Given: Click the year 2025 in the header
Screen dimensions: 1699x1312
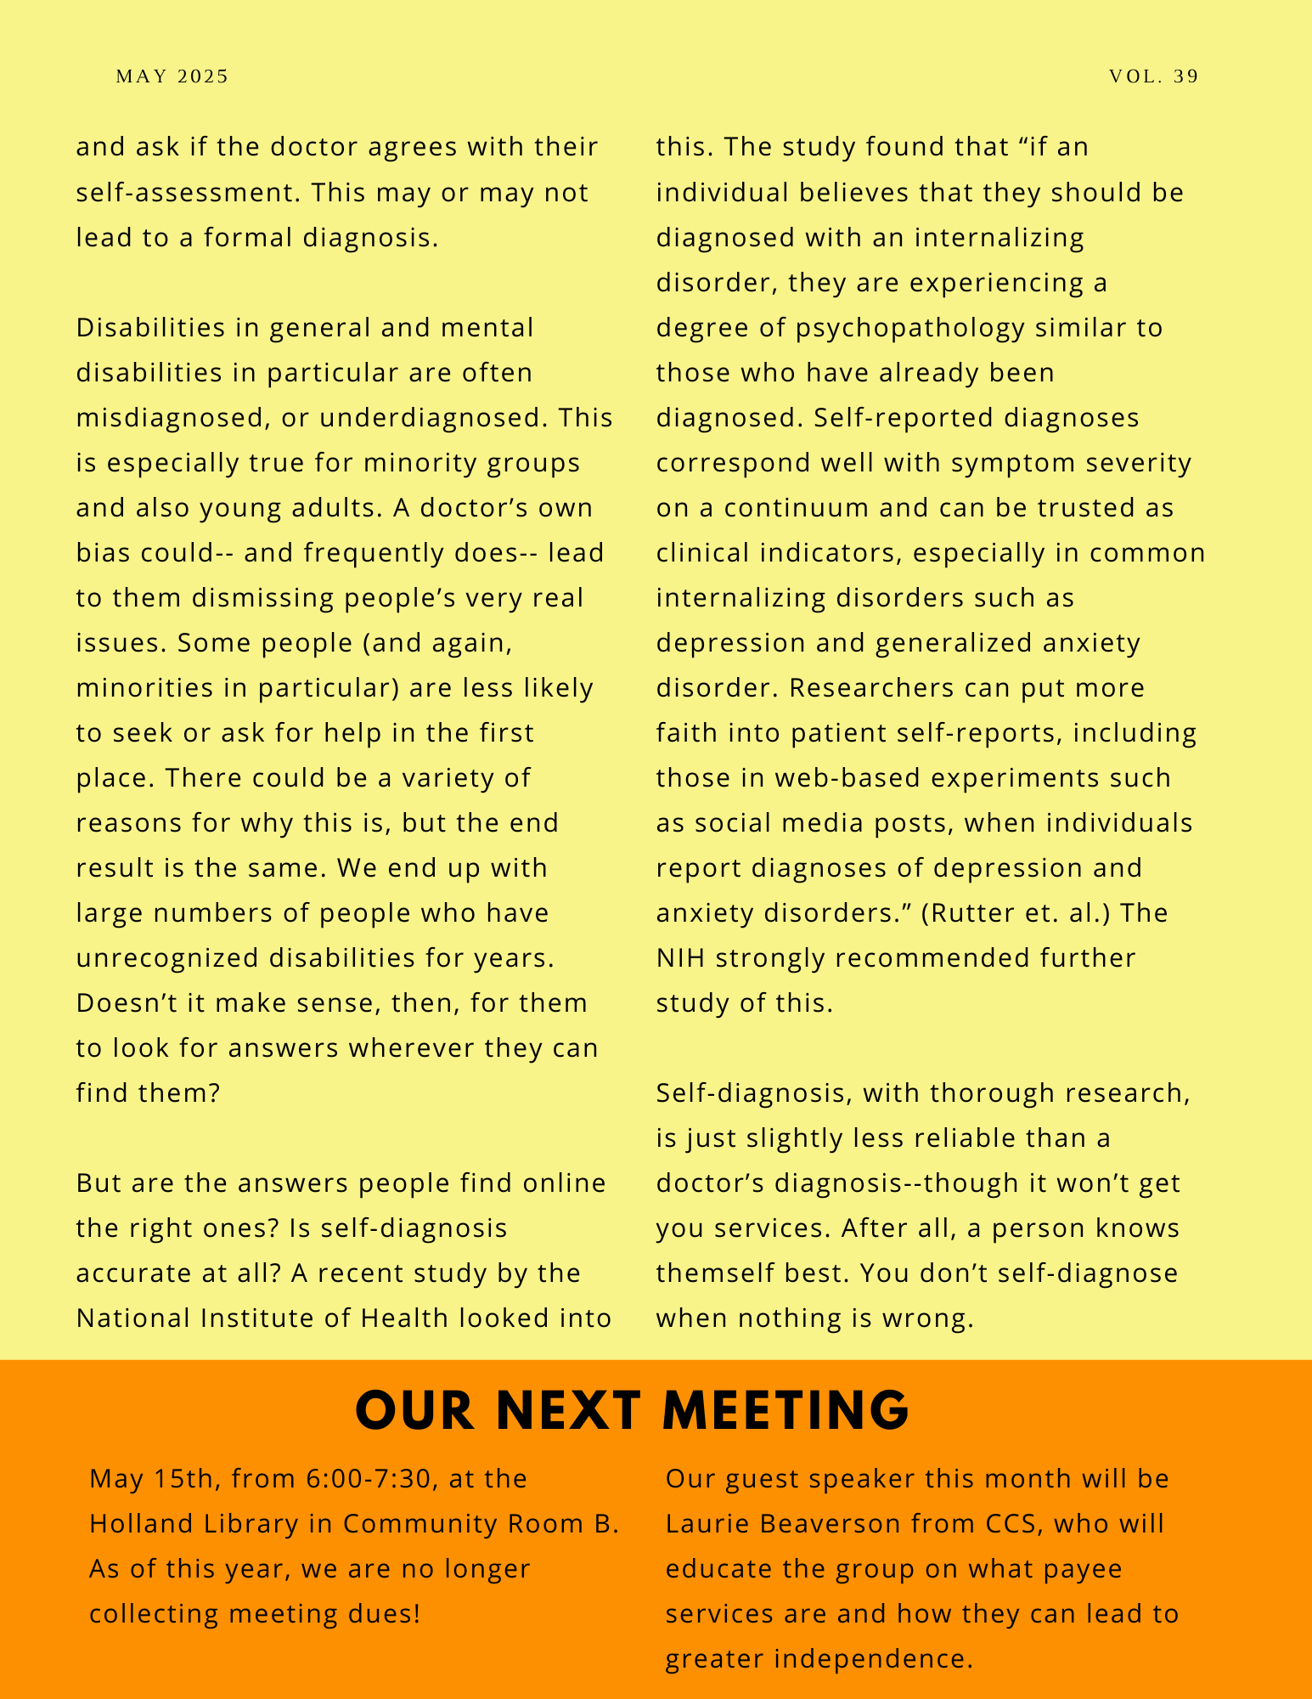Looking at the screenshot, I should click(204, 76).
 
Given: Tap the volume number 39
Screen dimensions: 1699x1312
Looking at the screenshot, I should click(1186, 76).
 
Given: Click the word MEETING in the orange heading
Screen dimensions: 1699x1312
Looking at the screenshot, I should click(786, 1411).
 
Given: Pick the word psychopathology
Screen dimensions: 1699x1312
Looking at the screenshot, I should click(910, 328).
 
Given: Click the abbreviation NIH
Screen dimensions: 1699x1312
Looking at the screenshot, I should click(681, 958).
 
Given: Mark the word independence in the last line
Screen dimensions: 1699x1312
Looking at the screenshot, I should click(871, 1659).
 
